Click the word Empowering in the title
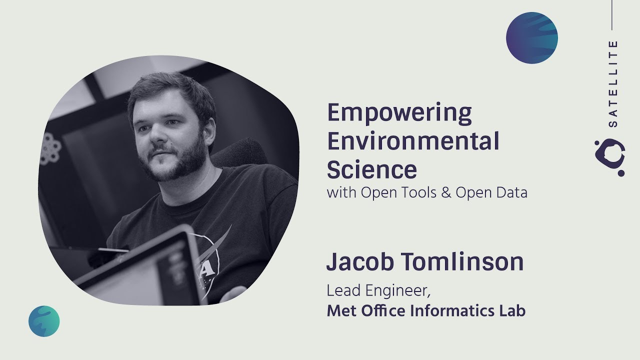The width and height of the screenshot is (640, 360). click(x=399, y=114)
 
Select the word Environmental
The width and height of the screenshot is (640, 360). click(x=413, y=142)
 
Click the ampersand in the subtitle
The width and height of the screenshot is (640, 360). click(x=446, y=192)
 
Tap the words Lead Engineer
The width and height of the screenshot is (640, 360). click(x=378, y=290)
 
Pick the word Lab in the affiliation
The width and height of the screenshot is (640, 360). click(x=512, y=310)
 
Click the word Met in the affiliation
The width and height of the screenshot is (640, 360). click(x=339, y=310)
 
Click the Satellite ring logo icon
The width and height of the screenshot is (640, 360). click(x=610, y=157)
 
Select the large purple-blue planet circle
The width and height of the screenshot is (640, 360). click(x=531, y=38)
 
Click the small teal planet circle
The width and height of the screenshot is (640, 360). click(x=44, y=321)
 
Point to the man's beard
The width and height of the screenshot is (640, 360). click(x=172, y=162)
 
